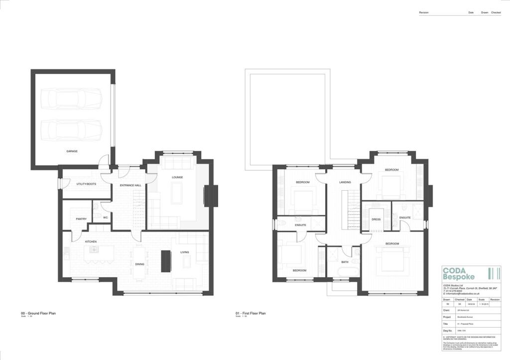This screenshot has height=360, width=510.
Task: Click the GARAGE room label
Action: (x=72, y=151)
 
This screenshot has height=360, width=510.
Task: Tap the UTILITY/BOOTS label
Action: (x=86, y=184)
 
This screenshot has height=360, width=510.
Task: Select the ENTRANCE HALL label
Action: (x=131, y=185)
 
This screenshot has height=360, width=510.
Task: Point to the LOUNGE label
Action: (x=178, y=177)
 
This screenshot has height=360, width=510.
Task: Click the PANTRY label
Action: (x=81, y=219)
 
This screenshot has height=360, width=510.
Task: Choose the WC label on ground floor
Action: (x=105, y=218)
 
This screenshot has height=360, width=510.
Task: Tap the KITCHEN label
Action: (x=91, y=241)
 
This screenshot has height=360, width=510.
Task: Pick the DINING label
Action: (x=139, y=264)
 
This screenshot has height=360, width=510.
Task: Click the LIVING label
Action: (x=185, y=252)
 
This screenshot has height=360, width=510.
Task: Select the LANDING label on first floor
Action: (x=345, y=182)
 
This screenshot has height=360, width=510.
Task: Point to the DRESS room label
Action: (x=376, y=219)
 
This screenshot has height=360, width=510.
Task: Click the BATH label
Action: (x=345, y=262)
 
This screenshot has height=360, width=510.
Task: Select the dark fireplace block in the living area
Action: (x=165, y=260)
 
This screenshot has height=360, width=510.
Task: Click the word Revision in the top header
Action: (x=424, y=12)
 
